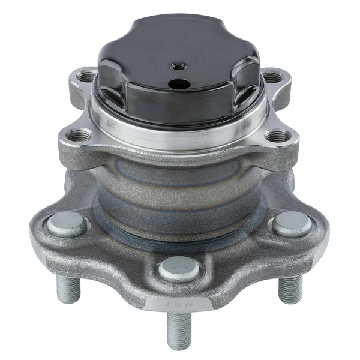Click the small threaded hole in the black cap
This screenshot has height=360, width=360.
178,65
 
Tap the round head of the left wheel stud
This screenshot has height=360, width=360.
67,224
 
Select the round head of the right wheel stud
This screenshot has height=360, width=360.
292,224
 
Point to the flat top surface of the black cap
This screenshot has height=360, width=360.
180,45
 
